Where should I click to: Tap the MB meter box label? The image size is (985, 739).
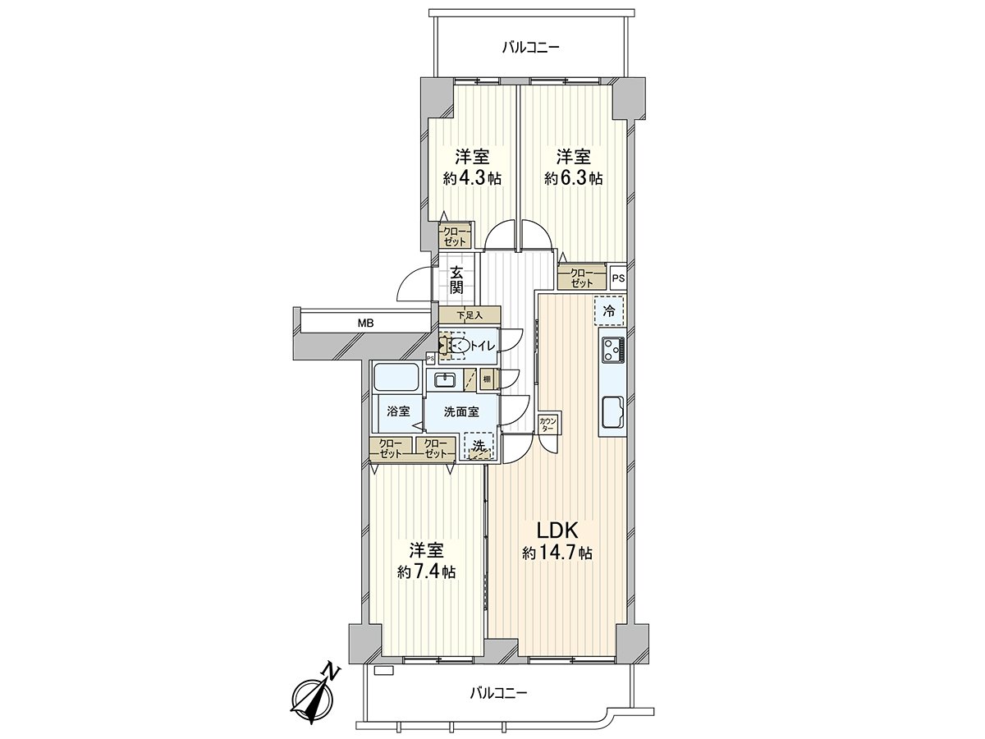(365, 323)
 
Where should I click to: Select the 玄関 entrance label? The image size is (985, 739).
(456, 280)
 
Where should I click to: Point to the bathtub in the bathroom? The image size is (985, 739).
(397, 379)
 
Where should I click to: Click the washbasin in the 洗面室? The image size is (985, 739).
(445, 380)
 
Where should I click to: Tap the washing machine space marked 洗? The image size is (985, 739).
(479, 446)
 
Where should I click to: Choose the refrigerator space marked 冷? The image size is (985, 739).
(609, 310)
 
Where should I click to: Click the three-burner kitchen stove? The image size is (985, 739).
(612, 350)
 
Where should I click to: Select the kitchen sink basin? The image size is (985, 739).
(612, 412)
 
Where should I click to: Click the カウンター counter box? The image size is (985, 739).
(547, 424)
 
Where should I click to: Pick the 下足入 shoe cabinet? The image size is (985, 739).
(470, 315)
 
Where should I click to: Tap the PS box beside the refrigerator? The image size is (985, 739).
(618, 278)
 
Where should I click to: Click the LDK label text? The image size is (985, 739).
(557, 530)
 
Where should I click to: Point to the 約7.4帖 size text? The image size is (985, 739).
(426, 572)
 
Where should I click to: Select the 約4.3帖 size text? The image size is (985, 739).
(472, 179)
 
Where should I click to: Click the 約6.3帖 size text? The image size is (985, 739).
(574, 179)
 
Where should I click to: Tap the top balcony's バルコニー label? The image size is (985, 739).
(531, 47)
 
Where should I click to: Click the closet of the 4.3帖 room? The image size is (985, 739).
(455, 234)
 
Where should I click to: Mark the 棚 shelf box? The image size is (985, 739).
(487, 379)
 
